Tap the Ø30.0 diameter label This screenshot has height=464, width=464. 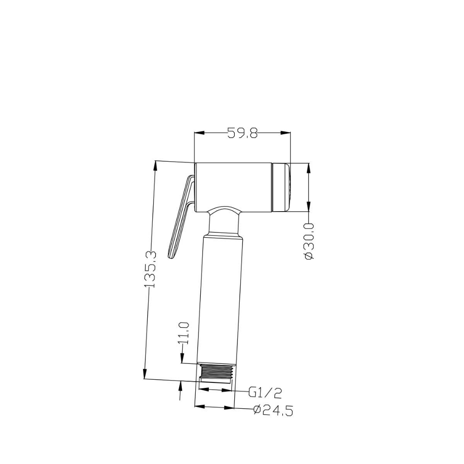309,242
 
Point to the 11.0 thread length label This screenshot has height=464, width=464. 184,333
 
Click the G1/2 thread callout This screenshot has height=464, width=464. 265,393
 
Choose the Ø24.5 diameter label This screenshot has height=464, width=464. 273,410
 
